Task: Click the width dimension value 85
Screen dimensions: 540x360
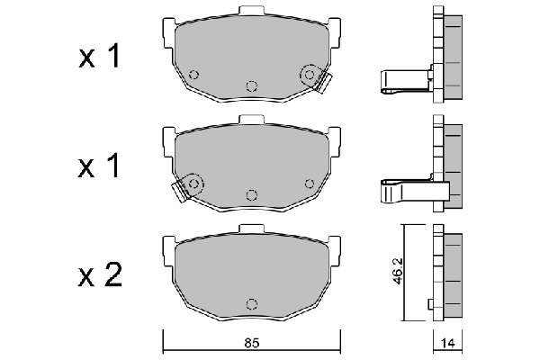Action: click(x=251, y=343)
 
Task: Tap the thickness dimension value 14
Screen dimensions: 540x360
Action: click(x=447, y=343)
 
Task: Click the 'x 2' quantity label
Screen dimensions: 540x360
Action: click(x=100, y=274)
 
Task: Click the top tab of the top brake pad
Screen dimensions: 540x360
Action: click(x=251, y=11)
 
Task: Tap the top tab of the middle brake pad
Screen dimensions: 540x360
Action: click(x=251, y=120)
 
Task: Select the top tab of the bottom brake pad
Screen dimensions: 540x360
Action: click(x=251, y=229)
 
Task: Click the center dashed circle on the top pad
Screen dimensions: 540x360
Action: click(x=252, y=85)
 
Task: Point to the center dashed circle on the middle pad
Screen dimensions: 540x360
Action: click(x=252, y=195)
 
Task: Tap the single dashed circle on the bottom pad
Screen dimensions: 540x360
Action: click(x=252, y=304)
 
